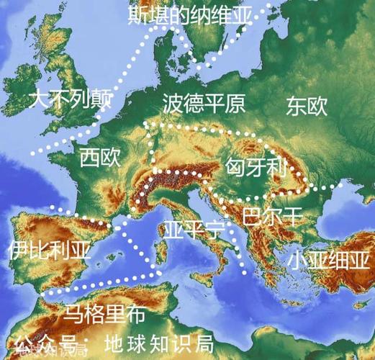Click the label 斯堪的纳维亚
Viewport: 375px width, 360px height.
point(191,15)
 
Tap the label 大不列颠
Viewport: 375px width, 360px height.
point(70,99)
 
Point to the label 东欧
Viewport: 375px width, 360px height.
point(307,106)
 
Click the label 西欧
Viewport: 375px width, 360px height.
point(100,157)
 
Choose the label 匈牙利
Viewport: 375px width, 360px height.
point(256,169)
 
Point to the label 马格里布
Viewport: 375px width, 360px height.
point(104,314)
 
